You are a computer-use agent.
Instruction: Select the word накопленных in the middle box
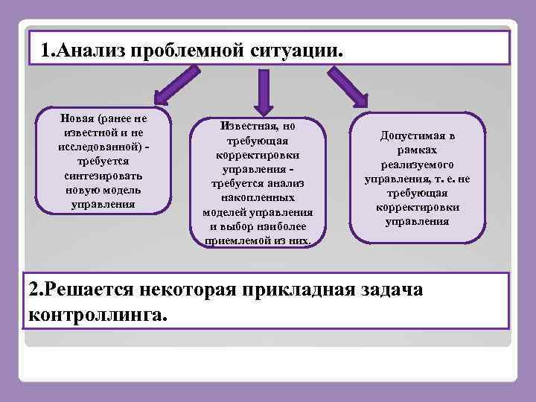[258, 197]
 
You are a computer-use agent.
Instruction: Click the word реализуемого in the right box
[417, 165]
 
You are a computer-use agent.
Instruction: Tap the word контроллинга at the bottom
[98, 314]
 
